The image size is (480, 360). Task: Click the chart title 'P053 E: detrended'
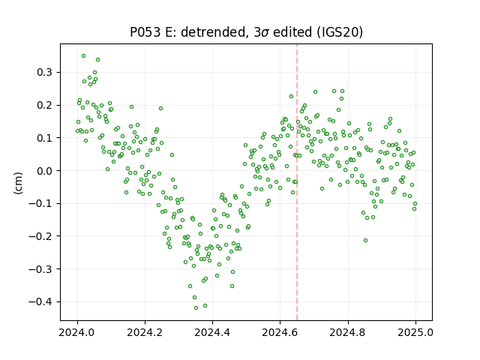188,32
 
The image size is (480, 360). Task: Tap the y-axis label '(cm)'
18,183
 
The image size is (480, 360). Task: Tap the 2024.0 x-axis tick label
77,332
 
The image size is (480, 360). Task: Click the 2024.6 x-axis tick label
280,332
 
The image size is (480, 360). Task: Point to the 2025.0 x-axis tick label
415,332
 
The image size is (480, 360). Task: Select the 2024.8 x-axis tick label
348,332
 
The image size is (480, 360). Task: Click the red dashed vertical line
297,182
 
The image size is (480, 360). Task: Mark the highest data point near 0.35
83,56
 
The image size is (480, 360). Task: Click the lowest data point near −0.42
196,308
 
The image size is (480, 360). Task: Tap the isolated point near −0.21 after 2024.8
365,241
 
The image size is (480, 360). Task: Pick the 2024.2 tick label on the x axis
145,332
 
